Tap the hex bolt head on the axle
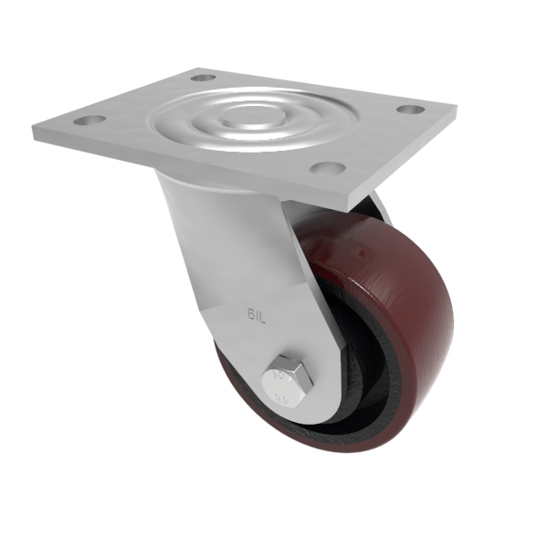click(x=288, y=378)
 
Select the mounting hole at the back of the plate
click(x=203, y=78)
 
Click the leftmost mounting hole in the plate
click(x=87, y=120)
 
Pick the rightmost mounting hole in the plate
click(x=410, y=110)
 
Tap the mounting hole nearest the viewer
click(x=327, y=168)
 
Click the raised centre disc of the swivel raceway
click(x=244, y=116)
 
